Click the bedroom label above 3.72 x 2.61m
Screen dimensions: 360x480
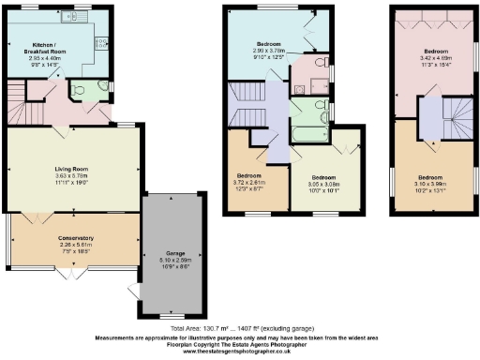pos(247,176)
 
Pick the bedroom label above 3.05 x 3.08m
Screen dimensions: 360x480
pos(322,177)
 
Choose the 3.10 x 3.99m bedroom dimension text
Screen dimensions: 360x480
pos(431,184)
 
